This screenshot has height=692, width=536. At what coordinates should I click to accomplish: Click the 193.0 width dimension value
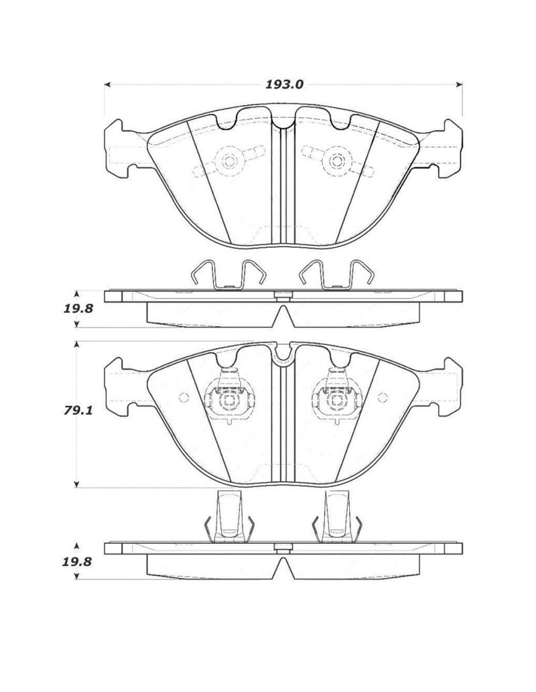click(283, 84)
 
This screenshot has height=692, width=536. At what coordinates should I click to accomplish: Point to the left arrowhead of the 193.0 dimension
click(107, 84)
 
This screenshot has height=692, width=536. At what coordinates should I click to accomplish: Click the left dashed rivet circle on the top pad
click(228, 161)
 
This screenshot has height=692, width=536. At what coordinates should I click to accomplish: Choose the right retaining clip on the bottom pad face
click(335, 400)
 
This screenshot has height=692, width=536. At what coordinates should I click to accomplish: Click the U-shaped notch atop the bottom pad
click(283, 354)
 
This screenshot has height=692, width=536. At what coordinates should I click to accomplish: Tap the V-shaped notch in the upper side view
click(283, 316)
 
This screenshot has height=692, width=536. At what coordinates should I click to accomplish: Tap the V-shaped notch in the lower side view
click(283, 567)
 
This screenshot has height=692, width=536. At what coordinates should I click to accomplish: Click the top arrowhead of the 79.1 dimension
click(78, 344)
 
